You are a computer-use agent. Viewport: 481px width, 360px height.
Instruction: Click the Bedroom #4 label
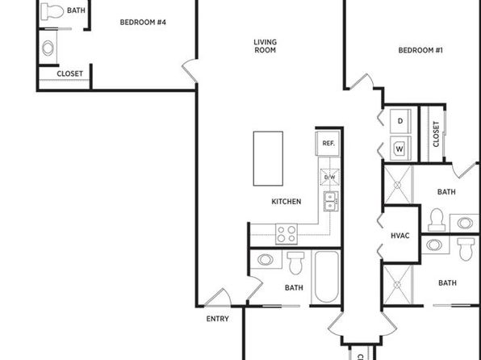click(x=143, y=23)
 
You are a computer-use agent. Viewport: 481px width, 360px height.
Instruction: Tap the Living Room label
click(x=266, y=46)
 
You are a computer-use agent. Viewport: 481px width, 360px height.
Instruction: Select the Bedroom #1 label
click(x=420, y=50)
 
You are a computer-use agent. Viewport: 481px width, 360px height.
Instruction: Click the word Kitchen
click(x=287, y=202)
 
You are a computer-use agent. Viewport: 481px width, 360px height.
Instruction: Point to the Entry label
click(x=217, y=319)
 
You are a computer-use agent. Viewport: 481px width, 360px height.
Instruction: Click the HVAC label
click(x=400, y=236)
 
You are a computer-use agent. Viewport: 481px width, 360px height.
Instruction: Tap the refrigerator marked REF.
click(x=328, y=144)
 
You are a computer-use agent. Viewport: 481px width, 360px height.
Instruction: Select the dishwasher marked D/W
click(x=330, y=177)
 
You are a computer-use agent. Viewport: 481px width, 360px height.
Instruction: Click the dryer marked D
click(x=400, y=121)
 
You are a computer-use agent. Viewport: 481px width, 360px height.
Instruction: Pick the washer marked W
click(x=400, y=149)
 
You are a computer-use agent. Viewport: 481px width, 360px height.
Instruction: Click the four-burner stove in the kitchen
click(x=287, y=234)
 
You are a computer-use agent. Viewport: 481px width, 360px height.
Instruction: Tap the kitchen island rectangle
click(x=268, y=159)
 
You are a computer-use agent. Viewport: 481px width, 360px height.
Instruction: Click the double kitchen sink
click(x=331, y=201)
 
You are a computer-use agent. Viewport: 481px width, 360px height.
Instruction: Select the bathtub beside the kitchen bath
click(x=327, y=277)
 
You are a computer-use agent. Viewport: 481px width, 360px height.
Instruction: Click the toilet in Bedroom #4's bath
click(x=52, y=11)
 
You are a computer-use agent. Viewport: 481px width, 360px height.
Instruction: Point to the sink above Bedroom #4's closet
click(x=48, y=48)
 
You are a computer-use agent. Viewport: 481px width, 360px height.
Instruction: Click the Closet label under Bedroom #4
click(x=70, y=74)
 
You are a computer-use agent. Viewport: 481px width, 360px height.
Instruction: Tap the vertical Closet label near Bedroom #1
click(x=436, y=134)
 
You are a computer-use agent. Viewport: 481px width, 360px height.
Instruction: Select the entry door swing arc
click(x=218, y=297)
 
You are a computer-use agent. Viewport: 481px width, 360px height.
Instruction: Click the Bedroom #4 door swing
click(x=190, y=71)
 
